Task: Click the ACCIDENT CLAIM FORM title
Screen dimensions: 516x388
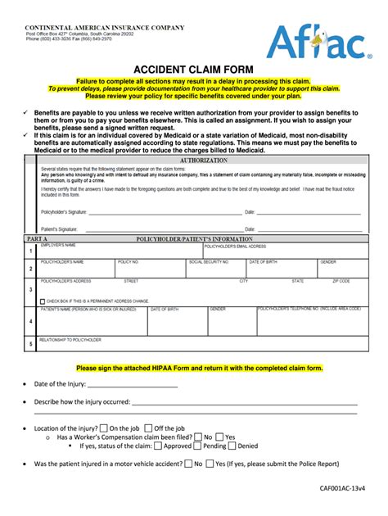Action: (193, 70)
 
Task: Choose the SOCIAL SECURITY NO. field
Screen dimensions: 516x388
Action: (215, 269)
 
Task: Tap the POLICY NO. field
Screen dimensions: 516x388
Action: (150, 269)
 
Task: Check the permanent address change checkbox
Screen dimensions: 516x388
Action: (43, 301)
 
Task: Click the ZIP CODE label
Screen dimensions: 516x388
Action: (341, 281)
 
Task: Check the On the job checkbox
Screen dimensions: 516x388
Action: (104, 428)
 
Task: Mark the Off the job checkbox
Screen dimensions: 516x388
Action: (148, 428)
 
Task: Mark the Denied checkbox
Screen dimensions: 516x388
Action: (232, 446)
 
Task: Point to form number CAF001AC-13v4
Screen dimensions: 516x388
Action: (341, 487)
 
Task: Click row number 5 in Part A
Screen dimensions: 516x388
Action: (30, 344)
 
